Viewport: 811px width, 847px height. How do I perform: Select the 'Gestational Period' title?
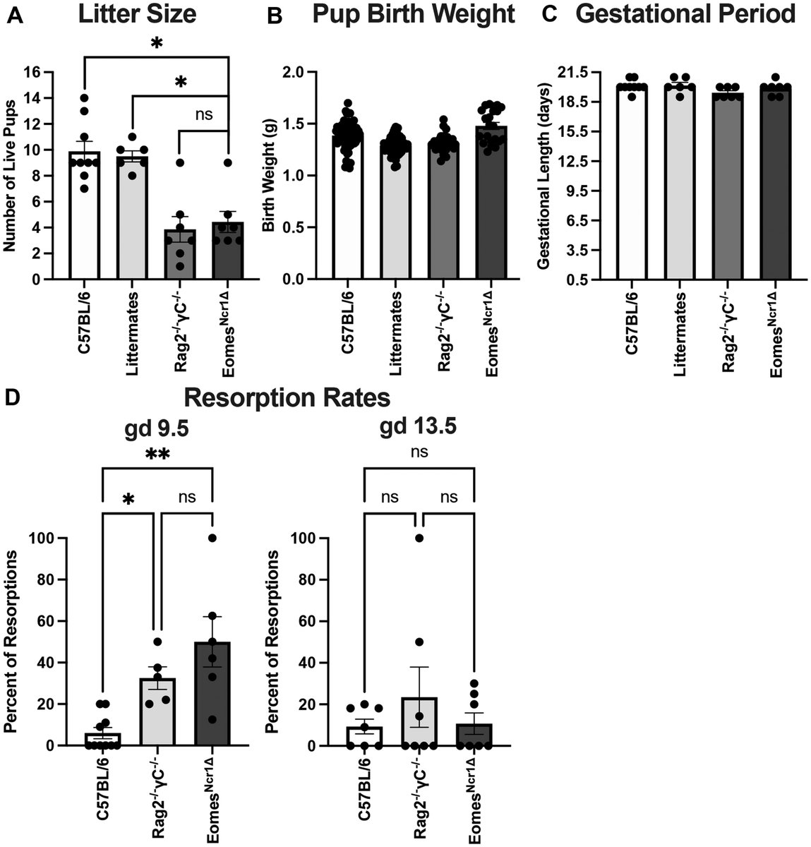685,14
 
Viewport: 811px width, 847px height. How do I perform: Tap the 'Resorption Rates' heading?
287,397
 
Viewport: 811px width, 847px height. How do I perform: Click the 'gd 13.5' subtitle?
417,426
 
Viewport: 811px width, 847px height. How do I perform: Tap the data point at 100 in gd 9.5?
212,538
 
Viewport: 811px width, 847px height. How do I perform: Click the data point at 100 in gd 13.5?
418,538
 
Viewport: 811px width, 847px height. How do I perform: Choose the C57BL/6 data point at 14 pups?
85,98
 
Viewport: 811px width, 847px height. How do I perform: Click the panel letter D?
12,397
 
